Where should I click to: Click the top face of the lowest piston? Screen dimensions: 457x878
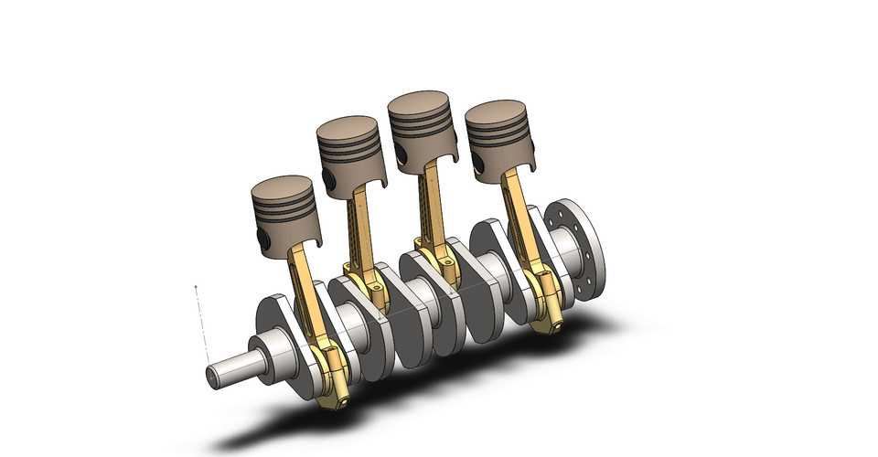(x=284, y=187)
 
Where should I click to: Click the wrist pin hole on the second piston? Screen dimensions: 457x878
(x=328, y=179)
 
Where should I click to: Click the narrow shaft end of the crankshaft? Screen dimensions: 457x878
(x=224, y=375)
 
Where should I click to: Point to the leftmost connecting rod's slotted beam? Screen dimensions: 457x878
(x=306, y=292)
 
